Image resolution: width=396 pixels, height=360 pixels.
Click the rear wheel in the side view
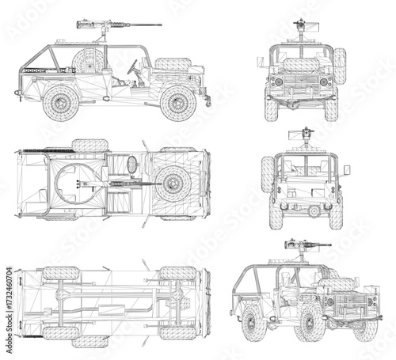pyautogui.click(x=60, y=102)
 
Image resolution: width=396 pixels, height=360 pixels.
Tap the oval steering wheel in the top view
pyautogui.click(x=131, y=164)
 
